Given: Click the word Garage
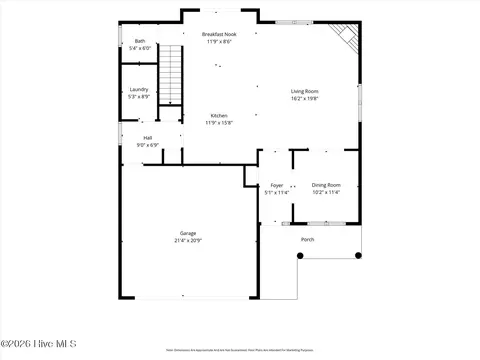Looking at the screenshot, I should [188, 233].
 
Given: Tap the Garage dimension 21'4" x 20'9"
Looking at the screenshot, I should [188, 240].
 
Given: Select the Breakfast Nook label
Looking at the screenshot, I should [219, 35].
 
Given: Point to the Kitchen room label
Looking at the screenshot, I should [219, 115].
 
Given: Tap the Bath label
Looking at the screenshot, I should [140, 41].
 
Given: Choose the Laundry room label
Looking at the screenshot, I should [139, 89].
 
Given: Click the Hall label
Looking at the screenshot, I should [148, 138].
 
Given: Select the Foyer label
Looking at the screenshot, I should [276, 185].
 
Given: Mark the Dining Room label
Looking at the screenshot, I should [326, 185].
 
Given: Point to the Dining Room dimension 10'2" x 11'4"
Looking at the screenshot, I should [326, 192].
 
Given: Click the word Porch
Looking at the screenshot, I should [308, 239].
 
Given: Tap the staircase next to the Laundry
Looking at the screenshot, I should [174, 74].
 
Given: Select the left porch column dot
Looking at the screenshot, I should [298, 256].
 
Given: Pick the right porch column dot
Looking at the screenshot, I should [358, 256].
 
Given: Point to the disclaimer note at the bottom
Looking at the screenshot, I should [240, 351].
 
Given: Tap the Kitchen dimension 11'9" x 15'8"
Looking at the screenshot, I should [219, 122].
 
